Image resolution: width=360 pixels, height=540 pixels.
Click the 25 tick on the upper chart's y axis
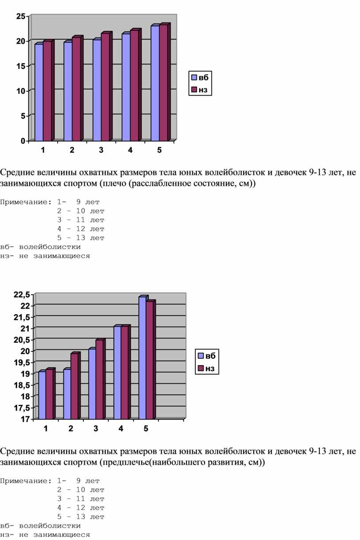point(21,16)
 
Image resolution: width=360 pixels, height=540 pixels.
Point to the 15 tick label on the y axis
point(21,66)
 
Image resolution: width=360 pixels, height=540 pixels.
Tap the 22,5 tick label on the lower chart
point(22,295)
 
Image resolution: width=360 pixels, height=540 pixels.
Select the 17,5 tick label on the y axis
point(22,408)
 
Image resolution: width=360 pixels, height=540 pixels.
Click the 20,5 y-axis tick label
point(22,340)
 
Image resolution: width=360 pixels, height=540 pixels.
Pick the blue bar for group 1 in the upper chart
point(39,92)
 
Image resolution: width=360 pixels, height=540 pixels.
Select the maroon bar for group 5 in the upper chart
point(164,82)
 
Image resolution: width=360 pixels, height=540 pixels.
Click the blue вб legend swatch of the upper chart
point(194,77)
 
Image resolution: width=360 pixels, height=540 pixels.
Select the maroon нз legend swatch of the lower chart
point(201,368)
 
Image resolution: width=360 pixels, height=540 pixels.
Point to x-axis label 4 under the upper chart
point(130,150)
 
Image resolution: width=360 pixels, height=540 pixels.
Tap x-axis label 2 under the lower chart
point(71,428)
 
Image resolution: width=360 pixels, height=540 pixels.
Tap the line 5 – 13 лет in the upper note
point(81,238)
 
